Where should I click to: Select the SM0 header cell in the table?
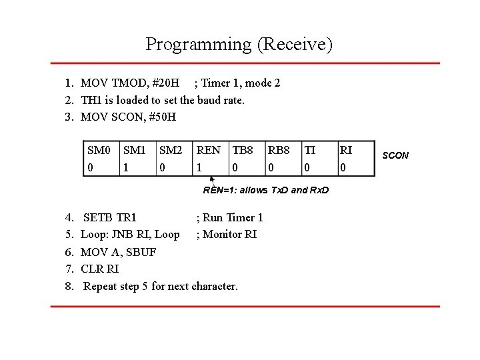(x=99, y=151)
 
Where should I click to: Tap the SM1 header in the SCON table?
(x=135, y=151)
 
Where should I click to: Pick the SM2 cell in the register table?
(x=171, y=151)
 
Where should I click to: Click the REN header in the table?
(x=209, y=151)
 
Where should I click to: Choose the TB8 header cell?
(x=244, y=151)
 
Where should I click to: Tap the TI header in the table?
(x=311, y=151)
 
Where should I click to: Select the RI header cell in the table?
(x=346, y=151)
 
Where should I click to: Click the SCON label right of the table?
(x=396, y=155)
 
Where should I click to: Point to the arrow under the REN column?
(x=212, y=181)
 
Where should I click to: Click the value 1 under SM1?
(x=126, y=167)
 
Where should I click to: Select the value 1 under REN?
(x=199, y=167)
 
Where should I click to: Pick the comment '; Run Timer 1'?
(x=229, y=217)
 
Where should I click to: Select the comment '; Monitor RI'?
(x=226, y=234)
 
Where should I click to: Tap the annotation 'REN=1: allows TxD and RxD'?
(x=266, y=191)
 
